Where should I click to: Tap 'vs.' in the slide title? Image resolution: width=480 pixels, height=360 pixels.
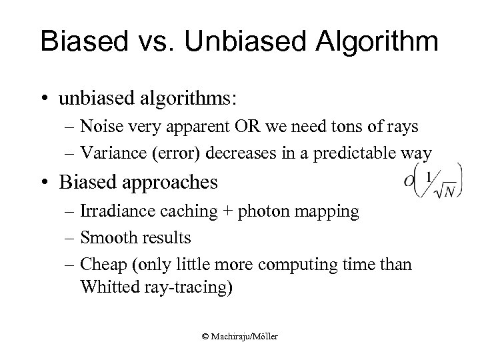pos(159,42)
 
